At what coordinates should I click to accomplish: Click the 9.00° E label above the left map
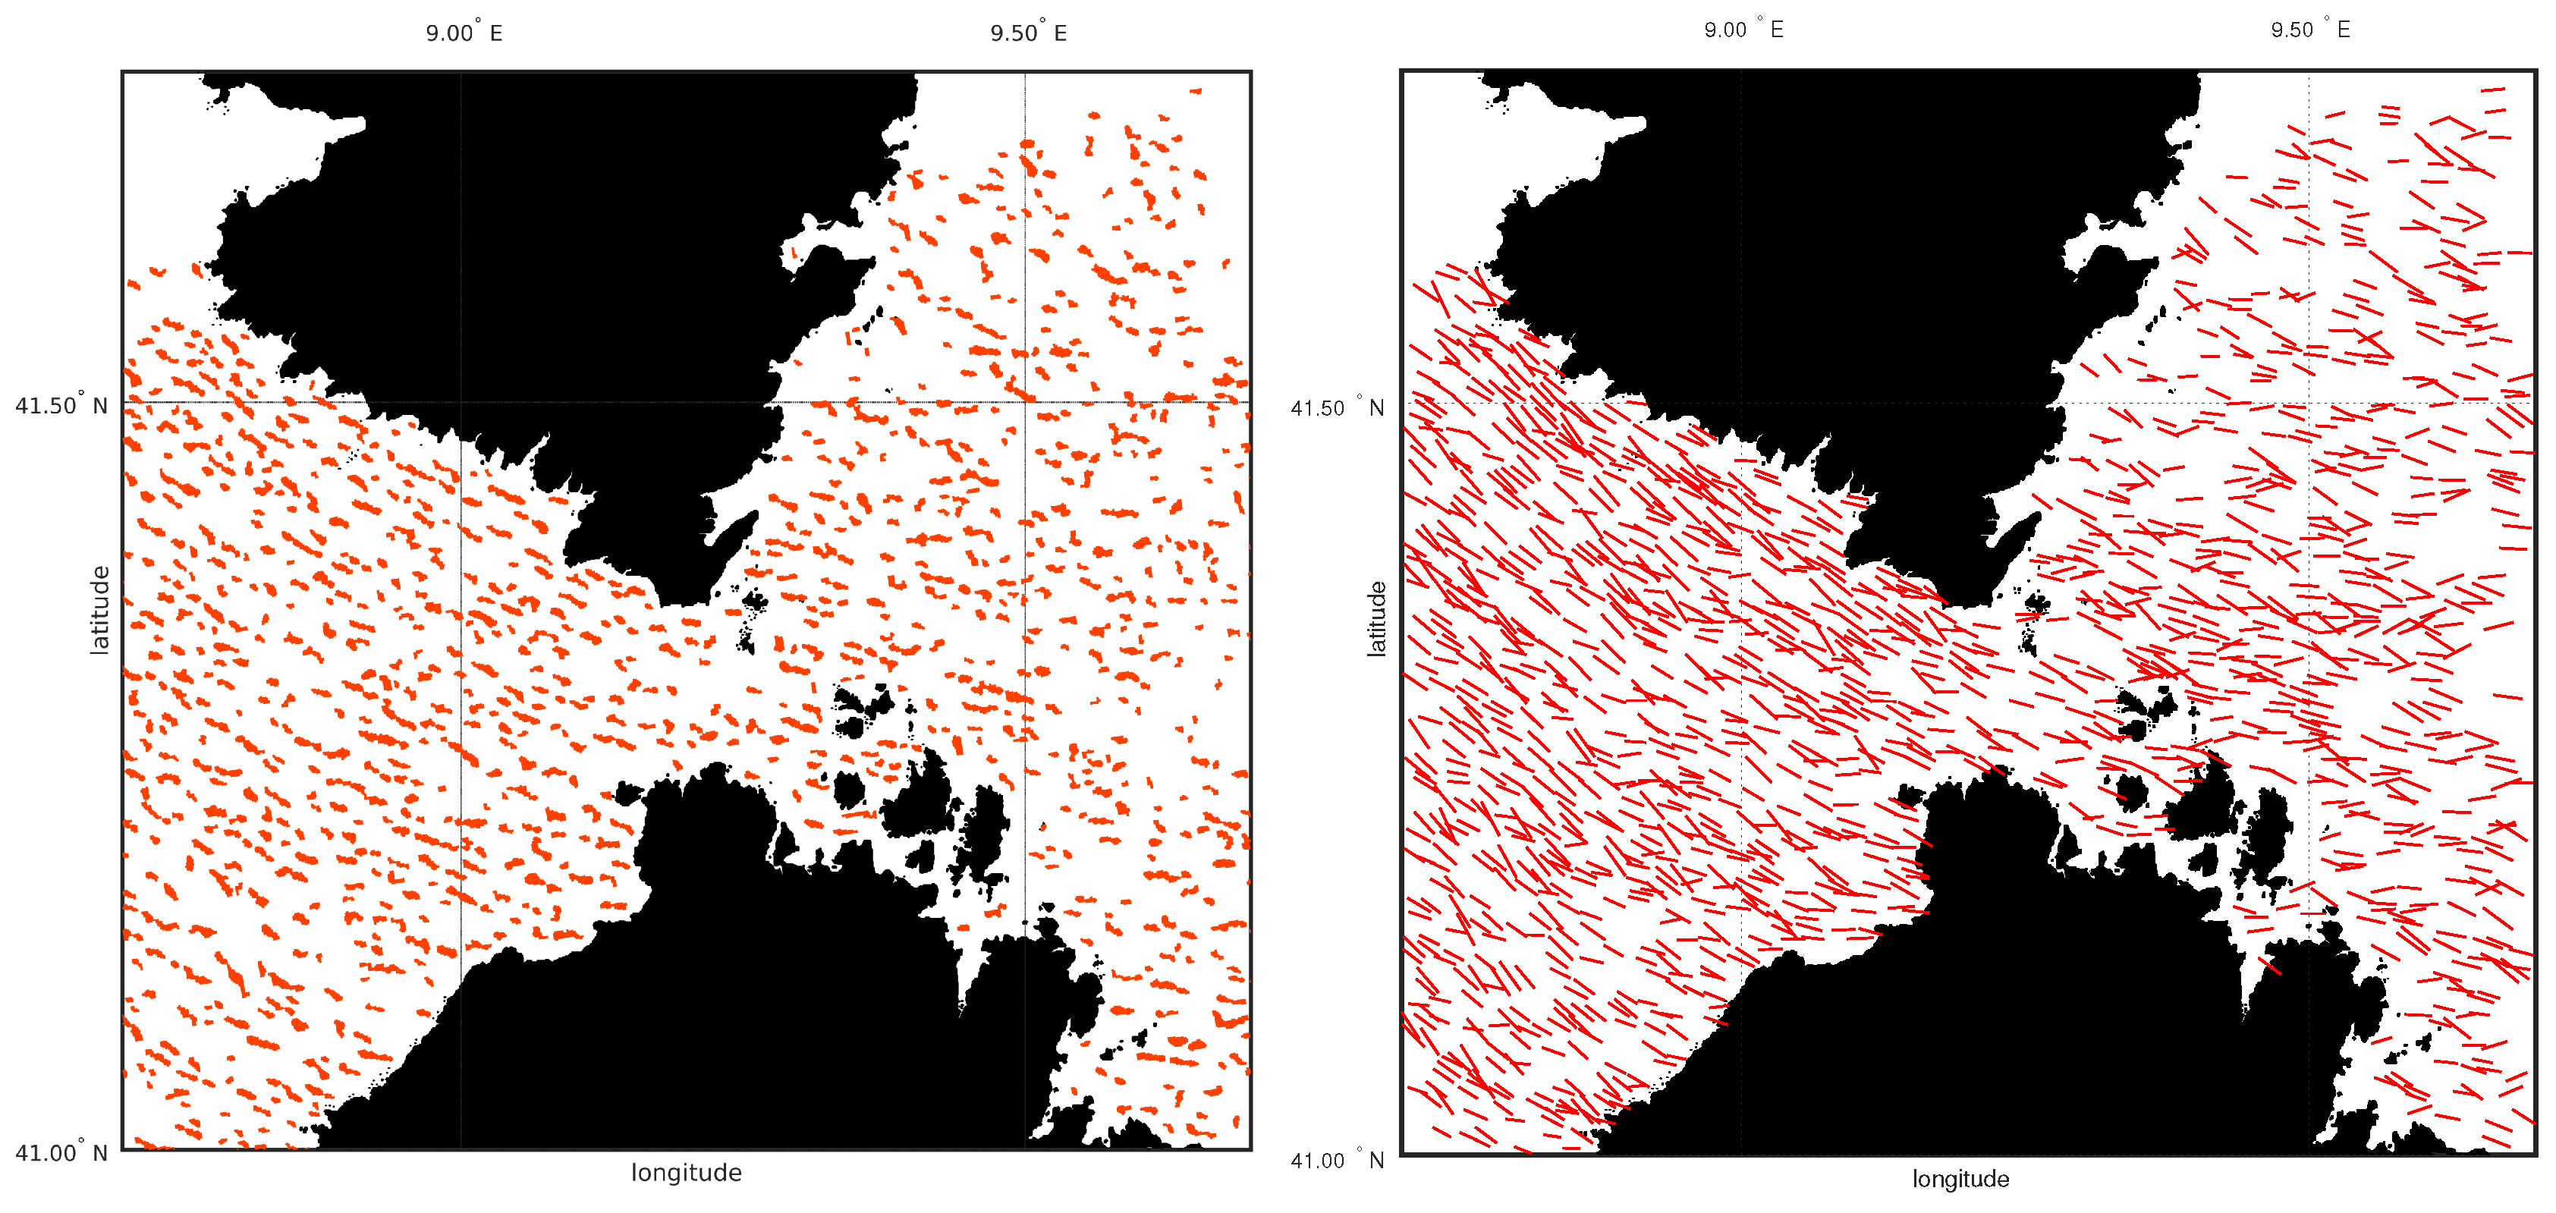464,33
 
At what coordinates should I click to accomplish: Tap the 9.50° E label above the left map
1028,33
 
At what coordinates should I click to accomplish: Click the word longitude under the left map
686,1172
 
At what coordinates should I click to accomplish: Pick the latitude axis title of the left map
99,609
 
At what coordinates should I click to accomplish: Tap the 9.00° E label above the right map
1743,30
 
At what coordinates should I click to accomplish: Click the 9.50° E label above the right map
2310,30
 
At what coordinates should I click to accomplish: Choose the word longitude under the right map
1960,1178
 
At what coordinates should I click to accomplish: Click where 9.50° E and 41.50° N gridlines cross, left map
1025,402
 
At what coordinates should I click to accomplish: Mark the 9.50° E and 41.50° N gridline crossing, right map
2309,403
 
